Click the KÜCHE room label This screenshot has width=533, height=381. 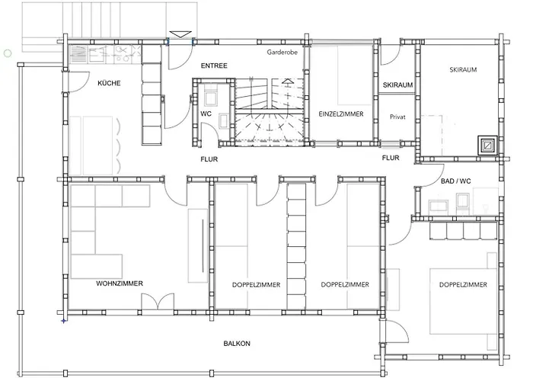[x=109, y=83]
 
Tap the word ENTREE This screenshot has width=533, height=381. [x=214, y=66]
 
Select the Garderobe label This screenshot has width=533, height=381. [x=282, y=52]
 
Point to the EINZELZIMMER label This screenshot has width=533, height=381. [x=341, y=114]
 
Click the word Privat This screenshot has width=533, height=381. [x=397, y=117]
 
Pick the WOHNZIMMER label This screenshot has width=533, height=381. [x=120, y=283]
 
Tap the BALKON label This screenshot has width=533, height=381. [x=237, y=344]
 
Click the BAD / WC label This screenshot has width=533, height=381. [x=455, y=181]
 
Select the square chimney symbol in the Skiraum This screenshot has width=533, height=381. [x=487, y=146]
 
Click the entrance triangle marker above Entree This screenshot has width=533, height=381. [x=180, y=34]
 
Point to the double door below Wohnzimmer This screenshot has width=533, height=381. [x=158, y=302]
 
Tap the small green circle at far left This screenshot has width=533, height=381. [x=8, y=53]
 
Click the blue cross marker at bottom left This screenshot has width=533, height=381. [x=63, y=321]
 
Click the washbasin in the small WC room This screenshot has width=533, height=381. [x=224, y=121]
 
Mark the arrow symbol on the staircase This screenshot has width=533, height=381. [x=288, y=82]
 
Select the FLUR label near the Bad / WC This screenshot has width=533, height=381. [x=391, y=158]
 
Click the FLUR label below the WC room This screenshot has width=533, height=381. [x=209, y=159]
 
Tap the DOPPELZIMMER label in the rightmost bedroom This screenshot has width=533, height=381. [x=463, y=285]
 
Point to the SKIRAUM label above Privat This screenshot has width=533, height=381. [x=397, y=85]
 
